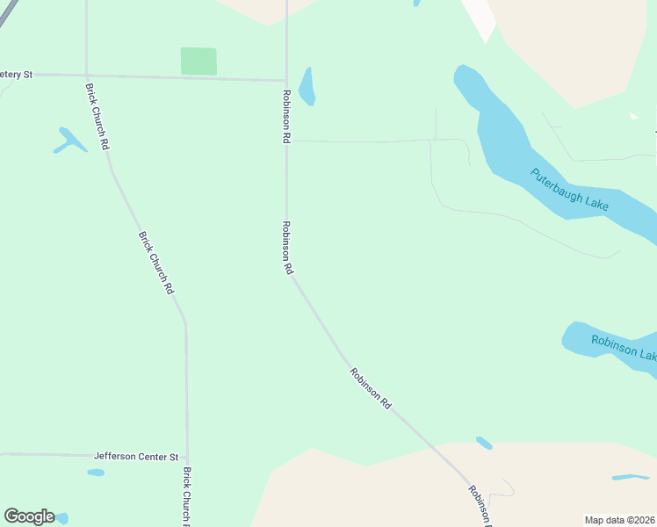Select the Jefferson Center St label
136,457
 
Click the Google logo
29,516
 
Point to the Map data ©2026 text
620,519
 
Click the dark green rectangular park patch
199,61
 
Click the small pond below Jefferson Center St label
96,473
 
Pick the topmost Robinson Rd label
286,116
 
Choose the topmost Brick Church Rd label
97,115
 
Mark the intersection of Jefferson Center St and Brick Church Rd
187,457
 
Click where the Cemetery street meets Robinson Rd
286,81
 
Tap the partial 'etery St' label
16,75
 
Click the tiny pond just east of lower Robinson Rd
484,443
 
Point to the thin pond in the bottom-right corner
630,477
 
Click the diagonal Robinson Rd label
371,386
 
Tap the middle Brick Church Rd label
155,262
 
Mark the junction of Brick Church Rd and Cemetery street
86,75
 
